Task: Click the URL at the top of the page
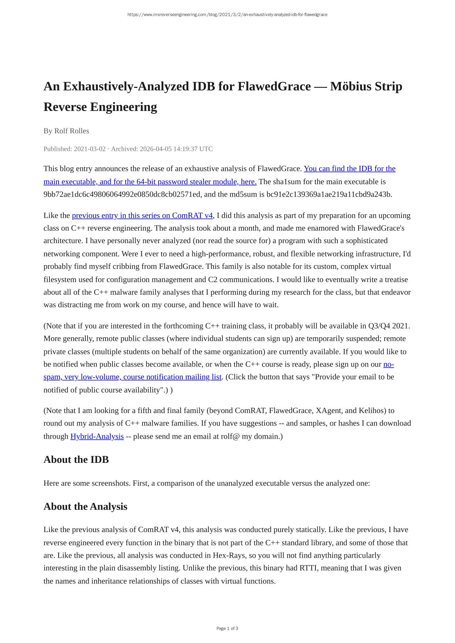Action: (x=227, y=15)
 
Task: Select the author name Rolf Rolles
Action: (x=71, y=131)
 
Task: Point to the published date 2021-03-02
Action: (x=89, y=149)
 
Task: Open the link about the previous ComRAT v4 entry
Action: (x=142, y=216)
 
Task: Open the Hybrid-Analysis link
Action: (x=97, y=436)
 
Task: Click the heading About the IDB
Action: (x=76, y=460)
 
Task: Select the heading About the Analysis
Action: (x=85, y=507)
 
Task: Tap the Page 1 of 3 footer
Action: (x=227, y=629)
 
